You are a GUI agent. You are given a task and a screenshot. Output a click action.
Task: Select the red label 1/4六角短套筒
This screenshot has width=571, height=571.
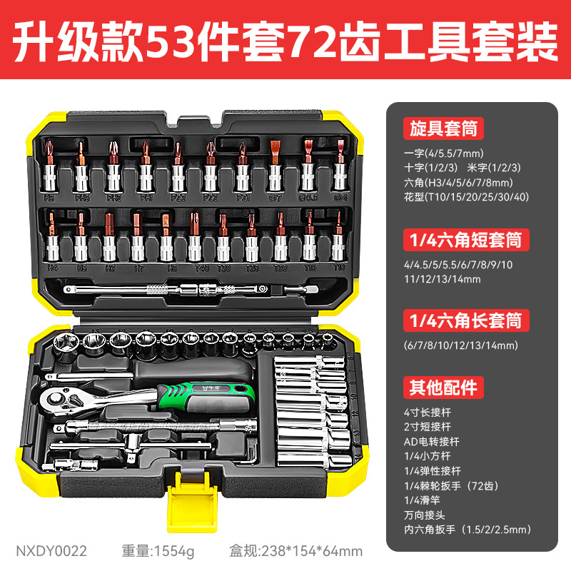point(464,239)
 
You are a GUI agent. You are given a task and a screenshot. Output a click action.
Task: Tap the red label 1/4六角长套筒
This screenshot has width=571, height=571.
point(464,320)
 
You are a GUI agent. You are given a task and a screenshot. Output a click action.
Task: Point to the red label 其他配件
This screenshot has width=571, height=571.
point(443,387)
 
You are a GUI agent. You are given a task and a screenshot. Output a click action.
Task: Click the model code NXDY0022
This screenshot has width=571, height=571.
point(51,551)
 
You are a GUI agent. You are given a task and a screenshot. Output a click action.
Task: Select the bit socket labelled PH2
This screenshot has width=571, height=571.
point(113,171)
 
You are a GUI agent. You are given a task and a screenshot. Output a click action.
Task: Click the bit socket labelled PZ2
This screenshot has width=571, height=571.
point(211,171)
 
